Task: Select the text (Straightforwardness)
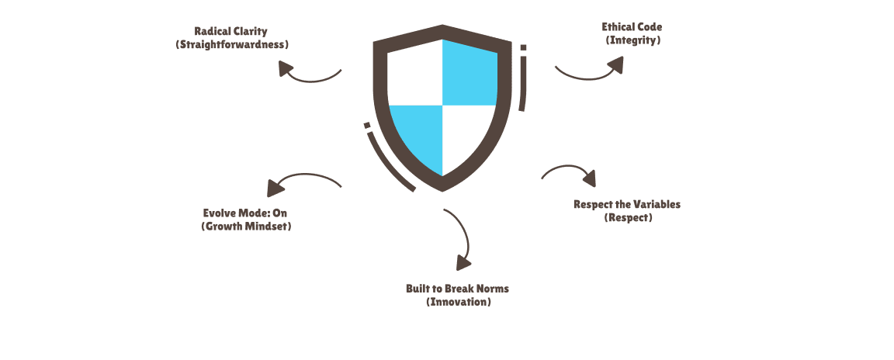[232, 44]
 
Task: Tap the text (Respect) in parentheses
[628, 217]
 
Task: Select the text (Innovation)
[459, 302]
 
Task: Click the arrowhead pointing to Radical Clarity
[285, 68]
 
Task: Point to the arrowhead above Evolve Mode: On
[275, 188]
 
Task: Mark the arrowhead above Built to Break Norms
[463, 263]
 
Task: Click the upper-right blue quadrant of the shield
[470, 72]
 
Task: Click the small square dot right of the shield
[523, 48]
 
